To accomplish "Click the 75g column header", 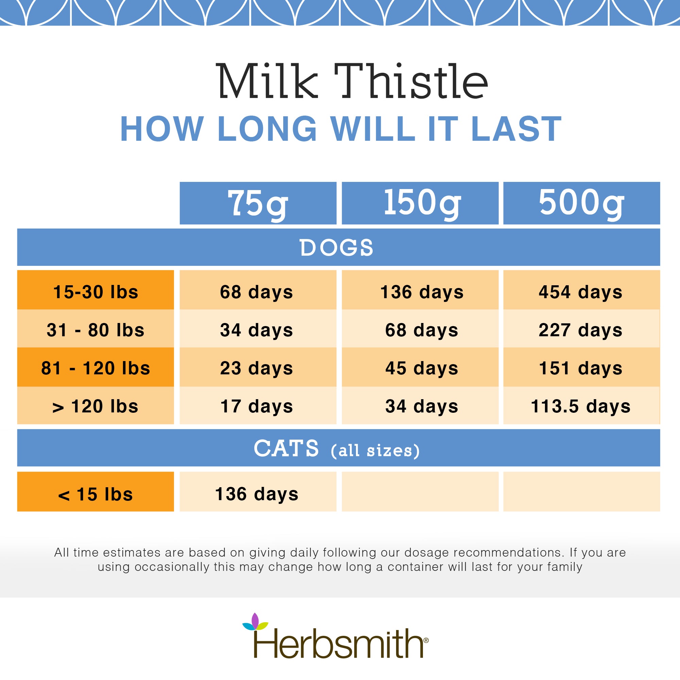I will pos(258,203).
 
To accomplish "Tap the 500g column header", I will pos(581,203).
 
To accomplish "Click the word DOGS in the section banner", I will pos(336,248).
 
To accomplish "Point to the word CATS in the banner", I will pos(286,449).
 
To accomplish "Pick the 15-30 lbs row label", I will pos(96,292).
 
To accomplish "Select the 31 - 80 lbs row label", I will pos(96,330).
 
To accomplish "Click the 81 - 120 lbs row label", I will pos(96,368).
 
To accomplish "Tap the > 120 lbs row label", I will pos(96,406).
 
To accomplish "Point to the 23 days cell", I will pos(257,368).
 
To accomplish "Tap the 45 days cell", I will pos(422,368).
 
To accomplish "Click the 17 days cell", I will pos(257,406).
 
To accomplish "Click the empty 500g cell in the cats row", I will pos(581,492).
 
